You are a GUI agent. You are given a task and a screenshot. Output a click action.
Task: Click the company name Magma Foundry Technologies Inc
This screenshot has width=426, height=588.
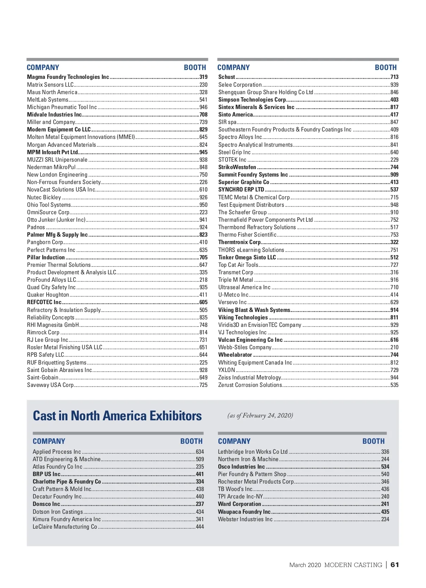[x=68, y=77]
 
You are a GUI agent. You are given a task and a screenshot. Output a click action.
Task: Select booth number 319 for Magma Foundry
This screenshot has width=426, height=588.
[x=203, y=77]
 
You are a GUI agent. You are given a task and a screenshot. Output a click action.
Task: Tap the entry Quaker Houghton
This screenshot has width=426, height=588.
[x=48, y=295]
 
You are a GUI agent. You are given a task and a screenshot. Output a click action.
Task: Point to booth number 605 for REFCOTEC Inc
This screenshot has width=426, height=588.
[x=203, y=302]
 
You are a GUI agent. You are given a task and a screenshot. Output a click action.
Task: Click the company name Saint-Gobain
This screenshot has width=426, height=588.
[x=43, y=377]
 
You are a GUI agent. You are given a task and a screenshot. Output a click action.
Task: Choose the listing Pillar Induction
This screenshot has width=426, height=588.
[x=46, y=257]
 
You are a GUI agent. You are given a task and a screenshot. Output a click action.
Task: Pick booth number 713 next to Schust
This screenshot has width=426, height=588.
[x=394, y=77]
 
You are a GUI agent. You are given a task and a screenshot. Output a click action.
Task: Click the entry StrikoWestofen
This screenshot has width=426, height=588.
[x=237, y=167]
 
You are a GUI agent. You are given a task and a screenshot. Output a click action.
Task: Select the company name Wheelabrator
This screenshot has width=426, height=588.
[x=235, y=355]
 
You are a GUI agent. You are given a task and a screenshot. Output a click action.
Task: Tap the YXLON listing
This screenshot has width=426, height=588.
[x=226, y=370]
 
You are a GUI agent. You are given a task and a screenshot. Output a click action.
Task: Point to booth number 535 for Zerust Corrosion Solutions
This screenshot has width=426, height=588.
[x=394, y=385]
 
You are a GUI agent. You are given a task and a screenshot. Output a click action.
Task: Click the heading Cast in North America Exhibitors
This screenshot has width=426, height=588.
[x=117, y=416]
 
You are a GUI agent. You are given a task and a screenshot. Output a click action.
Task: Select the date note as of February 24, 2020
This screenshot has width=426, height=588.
[x=260, y=415]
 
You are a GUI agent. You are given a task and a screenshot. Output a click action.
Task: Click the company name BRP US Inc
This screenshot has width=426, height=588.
[x=47, y=474]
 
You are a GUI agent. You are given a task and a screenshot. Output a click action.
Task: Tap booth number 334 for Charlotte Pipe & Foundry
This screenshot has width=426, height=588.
[x=200, y=481]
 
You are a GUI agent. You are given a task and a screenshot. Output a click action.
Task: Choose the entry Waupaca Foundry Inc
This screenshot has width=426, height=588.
[x=244, y=512]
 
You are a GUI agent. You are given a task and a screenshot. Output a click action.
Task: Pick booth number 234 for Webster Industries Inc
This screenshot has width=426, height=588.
[x=385, y=519]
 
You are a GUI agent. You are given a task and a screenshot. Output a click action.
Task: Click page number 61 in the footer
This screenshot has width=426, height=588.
[x=395, y=565]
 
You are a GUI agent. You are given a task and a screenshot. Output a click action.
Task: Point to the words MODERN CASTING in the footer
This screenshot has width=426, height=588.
[x=353, y=565]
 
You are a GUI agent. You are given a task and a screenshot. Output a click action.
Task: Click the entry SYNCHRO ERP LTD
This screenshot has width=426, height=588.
[x=241, y=189]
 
